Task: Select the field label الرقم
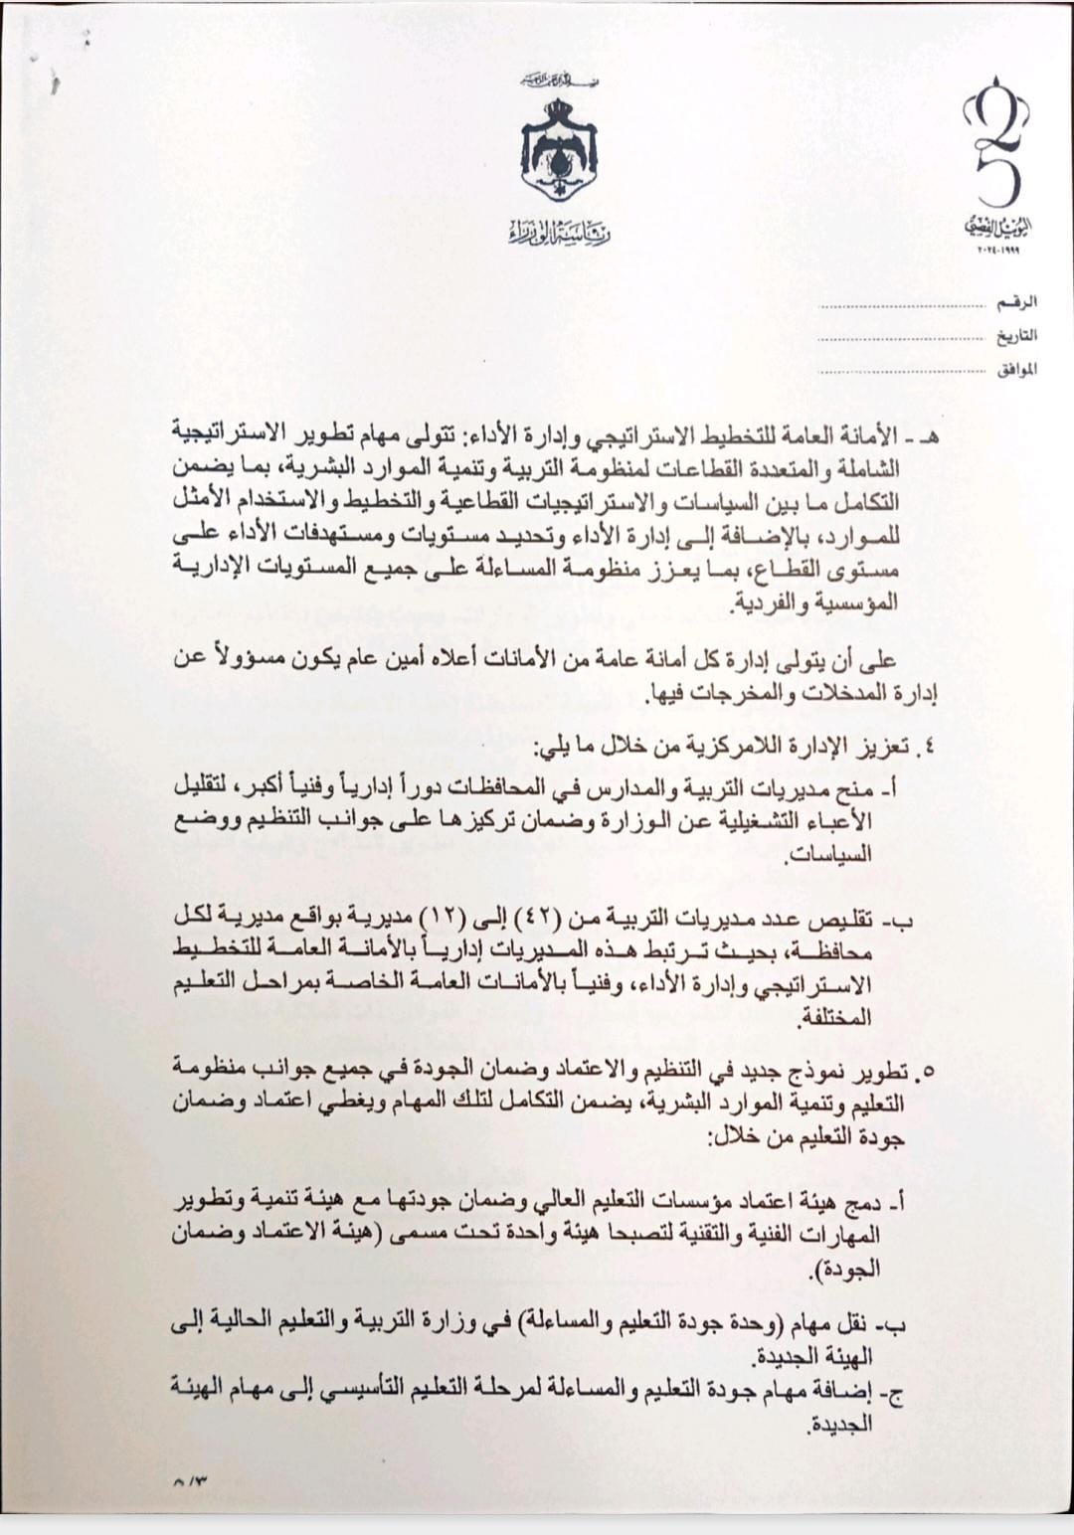tap(1017, 301)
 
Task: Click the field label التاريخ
tap(1016, 335)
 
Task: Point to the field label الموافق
tap(1015, 370)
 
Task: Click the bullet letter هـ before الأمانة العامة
tap(931, 436)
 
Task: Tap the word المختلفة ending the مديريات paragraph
tap(834, 1018)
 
